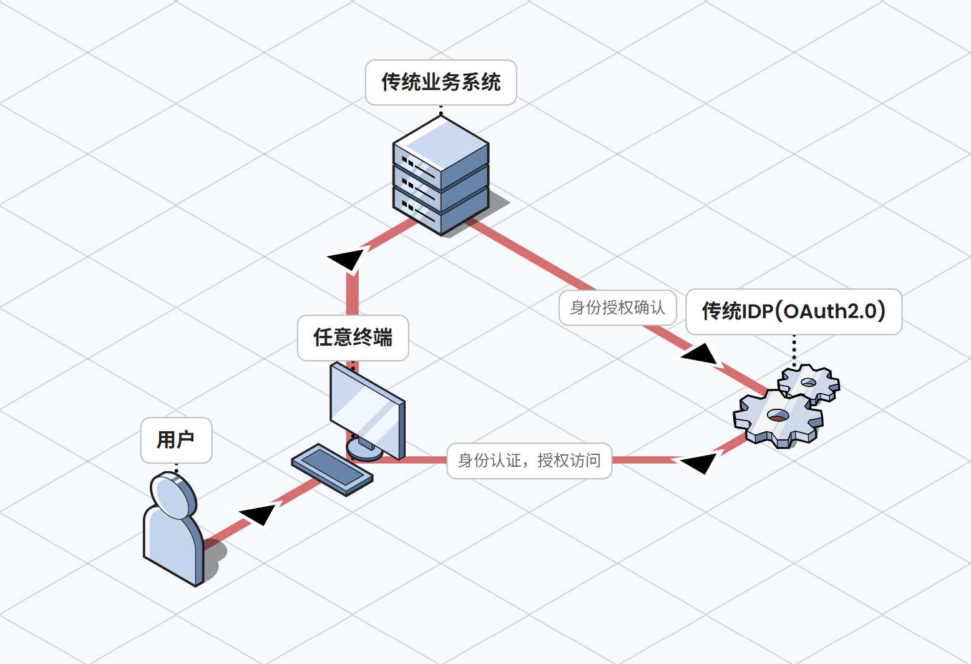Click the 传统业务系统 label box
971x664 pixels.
point(441,82)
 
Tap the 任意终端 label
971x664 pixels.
point(353,338)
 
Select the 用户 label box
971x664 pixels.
point(176,440)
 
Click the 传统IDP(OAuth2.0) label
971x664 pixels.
point(793,311)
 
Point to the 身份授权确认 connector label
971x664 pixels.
point(617,308)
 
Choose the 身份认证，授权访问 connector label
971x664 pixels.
point(529,461)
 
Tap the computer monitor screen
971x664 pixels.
point(365,406)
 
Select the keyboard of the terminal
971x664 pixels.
point(332,469)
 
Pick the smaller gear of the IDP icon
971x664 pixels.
point(809,382)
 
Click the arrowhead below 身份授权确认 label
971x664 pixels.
point(700,355)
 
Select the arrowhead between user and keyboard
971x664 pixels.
point(258,514)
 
